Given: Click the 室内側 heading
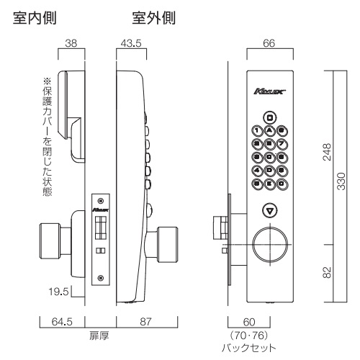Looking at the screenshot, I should point(35,16).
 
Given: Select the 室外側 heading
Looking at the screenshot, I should point(154,16).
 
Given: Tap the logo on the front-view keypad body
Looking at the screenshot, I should point(270,91).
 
